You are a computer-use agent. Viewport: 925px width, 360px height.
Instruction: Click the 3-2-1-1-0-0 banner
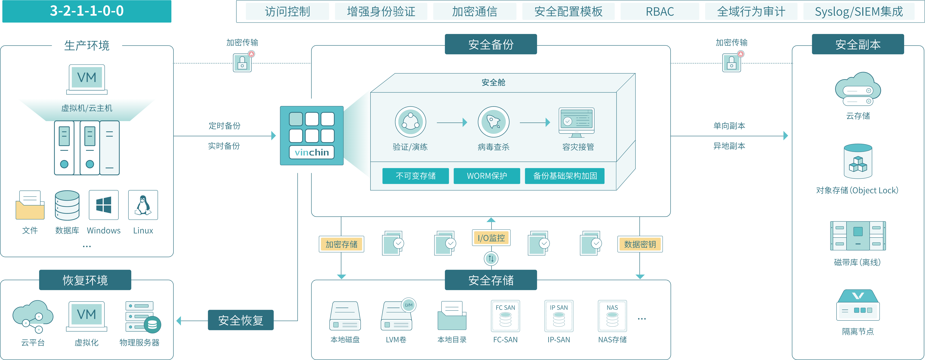pyautogui.click(x=86, y=11)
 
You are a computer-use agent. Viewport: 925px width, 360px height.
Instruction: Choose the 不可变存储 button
pyautogui.click(x=415, y=176)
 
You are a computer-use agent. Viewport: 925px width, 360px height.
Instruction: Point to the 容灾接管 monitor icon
pyautogui.click(x=577, y=122)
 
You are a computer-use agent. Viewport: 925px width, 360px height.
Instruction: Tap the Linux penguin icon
pyautogui.click(x=143, y=205)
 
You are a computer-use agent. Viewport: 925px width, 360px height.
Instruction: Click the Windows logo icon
pyautogui.click(x=104, y=205)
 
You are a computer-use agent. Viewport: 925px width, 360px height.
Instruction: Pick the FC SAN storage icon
pyautogui.click(x=505, y=316)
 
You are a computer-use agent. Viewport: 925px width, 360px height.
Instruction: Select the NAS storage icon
pyautogui.click(x=612, y=316)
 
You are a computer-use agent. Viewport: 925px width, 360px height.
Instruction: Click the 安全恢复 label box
pyautogui.click(x=241, y=320)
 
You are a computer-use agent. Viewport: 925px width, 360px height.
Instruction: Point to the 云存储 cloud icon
pyautogui.click(x=858, y=90)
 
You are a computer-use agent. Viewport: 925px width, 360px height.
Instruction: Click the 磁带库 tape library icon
pyautogui.click(x=858, y=236)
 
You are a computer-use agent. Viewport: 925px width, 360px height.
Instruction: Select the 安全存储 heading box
pyautogui.click(x=491, y=280)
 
